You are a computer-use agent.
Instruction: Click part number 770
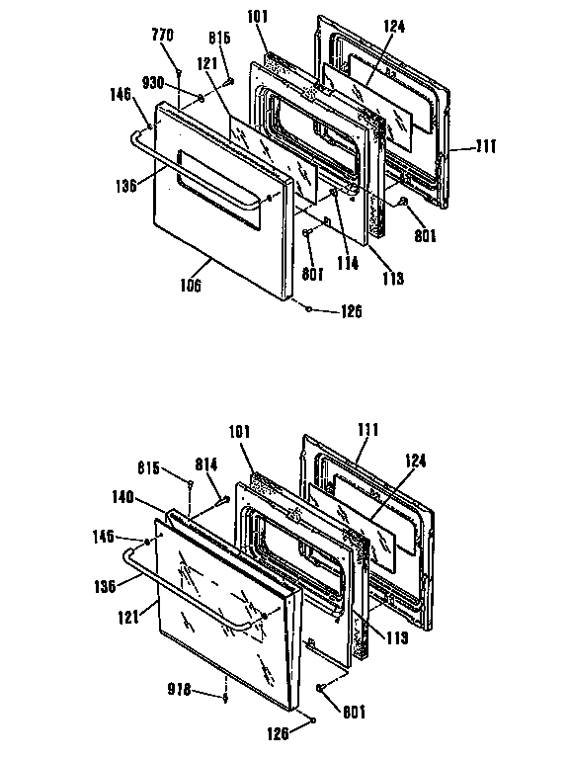pyautogui.click(x=162, y=36)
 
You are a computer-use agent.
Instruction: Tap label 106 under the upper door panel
pyautogui.click(x=191, y=286)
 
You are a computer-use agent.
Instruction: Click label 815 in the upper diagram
pyautogui.click(x=218, y=38)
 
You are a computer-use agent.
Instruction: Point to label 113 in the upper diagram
pyautogui.click(x=393, y=280)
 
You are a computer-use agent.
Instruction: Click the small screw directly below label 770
pyautogui.click(x=178, y=74)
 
